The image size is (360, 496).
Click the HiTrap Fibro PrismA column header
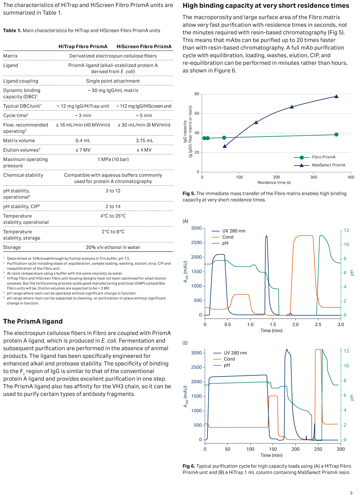tap(83, 47)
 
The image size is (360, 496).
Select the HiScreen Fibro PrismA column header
tap(144, 47)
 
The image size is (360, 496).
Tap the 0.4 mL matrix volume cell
tap(83, 140)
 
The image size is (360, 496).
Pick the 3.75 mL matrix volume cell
tap(144, 140)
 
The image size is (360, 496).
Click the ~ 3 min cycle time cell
tap(83, 116)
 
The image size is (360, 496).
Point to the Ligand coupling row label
tap(21, 81)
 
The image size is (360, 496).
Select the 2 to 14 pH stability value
tap(113, 207)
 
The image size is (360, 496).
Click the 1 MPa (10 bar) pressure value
tap(113, 159)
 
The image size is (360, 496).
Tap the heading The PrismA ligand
tap(33, 322)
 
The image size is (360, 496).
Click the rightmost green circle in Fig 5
tap(336, 134)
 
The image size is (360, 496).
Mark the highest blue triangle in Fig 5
tap(337, 96)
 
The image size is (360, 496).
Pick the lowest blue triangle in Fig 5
tap(225, 146)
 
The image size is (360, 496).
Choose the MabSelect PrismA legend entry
tap(328, 165)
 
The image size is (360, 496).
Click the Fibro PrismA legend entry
tap(323, 157)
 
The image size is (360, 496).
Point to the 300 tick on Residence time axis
tap(314, 177)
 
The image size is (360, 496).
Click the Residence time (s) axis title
tap(274, 182)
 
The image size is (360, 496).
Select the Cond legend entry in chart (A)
tap(228, 237)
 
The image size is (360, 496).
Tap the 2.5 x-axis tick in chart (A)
tap(318, 324)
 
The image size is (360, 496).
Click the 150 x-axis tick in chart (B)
tap(273, 449)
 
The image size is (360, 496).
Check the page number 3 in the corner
tap(351, 493)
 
